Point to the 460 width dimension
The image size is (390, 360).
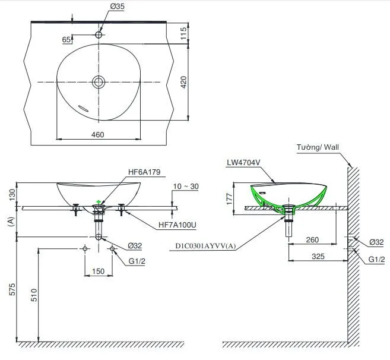pos(98,135)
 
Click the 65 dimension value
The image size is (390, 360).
pos(67,39)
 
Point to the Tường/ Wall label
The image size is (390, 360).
pos(318,147)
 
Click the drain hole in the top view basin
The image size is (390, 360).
pos(99,81)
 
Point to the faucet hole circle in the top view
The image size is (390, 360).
pos(99,35)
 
